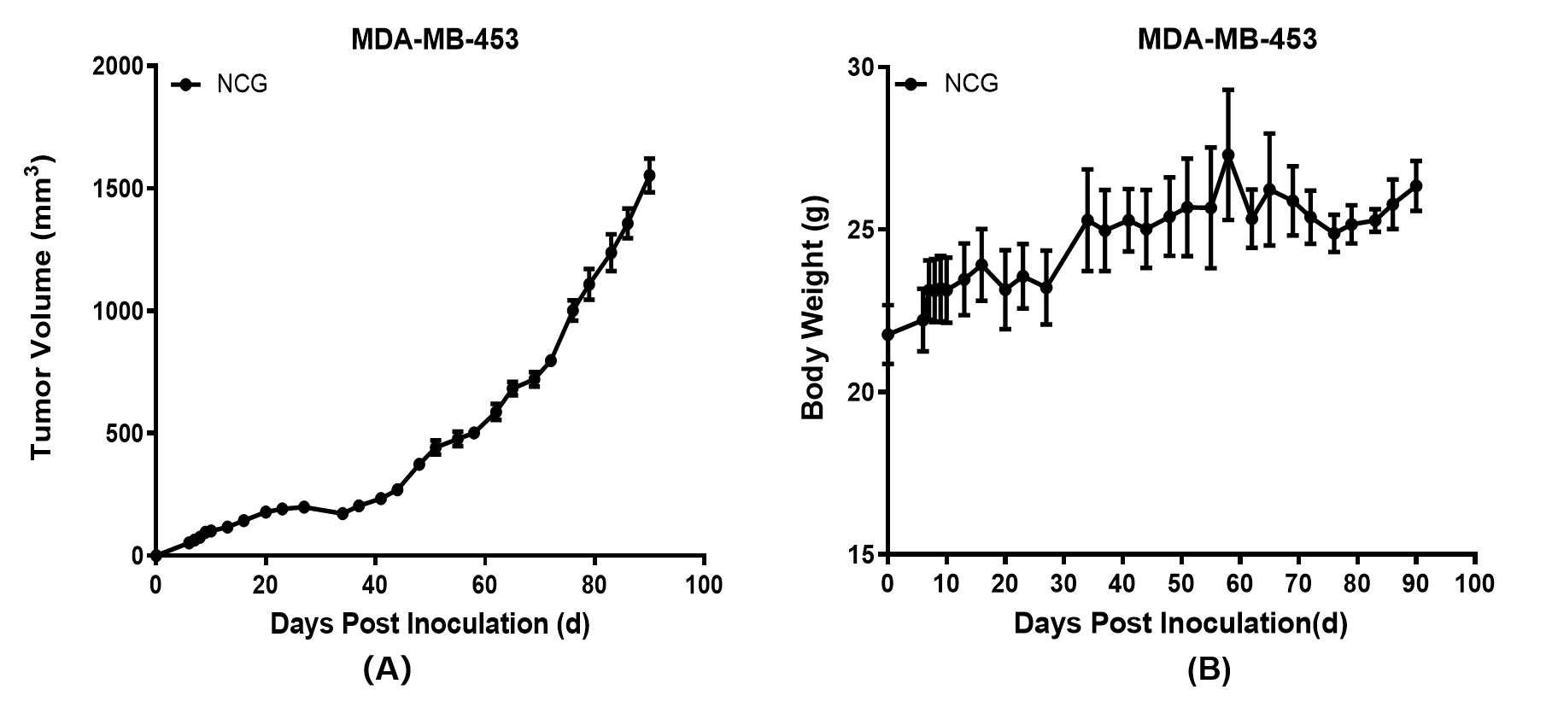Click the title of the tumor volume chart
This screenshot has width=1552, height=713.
point(435,39)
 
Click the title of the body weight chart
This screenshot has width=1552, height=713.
point(1227,39)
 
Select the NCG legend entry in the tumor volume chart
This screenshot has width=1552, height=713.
point(242,84)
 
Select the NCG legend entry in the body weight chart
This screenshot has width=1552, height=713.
point(970,84)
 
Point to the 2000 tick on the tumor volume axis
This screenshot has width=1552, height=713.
point(118,67)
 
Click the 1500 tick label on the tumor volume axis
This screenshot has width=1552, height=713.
point(118,189)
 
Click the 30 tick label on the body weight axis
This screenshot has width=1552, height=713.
point(861,67)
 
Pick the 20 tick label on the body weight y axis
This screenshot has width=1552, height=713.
point(861,393)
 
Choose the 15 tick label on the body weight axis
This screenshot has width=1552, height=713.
point(861,556)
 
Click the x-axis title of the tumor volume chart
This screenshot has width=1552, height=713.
point(430,624)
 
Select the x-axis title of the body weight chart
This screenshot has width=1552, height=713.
point(1180,624)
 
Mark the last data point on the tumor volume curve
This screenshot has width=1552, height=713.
point(649,175)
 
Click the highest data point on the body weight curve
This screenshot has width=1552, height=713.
point(1228,155)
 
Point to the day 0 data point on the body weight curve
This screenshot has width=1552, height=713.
point(888,335)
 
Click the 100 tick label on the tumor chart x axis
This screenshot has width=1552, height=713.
point(704,586)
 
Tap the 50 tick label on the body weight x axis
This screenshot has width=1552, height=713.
point(1181,584)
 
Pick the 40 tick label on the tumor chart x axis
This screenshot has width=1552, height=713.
point(375,586)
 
